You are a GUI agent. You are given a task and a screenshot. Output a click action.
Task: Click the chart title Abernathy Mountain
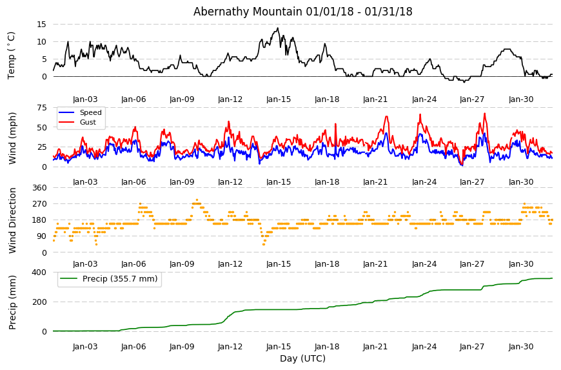pos(248,12)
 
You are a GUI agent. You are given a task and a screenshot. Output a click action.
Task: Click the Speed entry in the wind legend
pos(90,112)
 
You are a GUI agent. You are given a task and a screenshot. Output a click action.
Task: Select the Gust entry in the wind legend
pos(88,122)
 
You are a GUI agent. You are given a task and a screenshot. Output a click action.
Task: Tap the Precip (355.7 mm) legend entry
pos(120,279)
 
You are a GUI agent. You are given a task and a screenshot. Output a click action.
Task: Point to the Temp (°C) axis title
pos(12,56)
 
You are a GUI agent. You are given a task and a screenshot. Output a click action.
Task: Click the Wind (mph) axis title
pos(12,138)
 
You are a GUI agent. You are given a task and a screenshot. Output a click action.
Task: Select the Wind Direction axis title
pos(12,221)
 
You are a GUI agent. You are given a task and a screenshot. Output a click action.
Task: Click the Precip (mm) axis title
pos(12,302)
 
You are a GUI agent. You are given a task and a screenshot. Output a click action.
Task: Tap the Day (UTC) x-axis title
pos(302,358)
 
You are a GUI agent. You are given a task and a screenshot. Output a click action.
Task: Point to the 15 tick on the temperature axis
pos(42,25)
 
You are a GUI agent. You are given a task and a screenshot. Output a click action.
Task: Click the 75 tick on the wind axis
pos(42,108)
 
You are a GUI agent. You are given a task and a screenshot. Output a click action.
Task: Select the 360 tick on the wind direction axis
pos(40,188)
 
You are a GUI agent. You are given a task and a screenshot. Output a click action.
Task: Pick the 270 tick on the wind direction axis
pos(40,204)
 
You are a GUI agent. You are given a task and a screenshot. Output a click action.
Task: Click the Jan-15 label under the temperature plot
pos(279,99)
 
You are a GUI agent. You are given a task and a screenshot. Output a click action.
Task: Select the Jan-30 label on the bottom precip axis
pos(521,347)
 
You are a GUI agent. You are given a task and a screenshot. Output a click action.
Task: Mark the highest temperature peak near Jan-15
pos(278,28)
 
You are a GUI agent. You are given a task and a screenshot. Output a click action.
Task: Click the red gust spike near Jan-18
pos(335,124)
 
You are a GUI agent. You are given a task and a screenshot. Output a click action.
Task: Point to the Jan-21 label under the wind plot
pos(375,182)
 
